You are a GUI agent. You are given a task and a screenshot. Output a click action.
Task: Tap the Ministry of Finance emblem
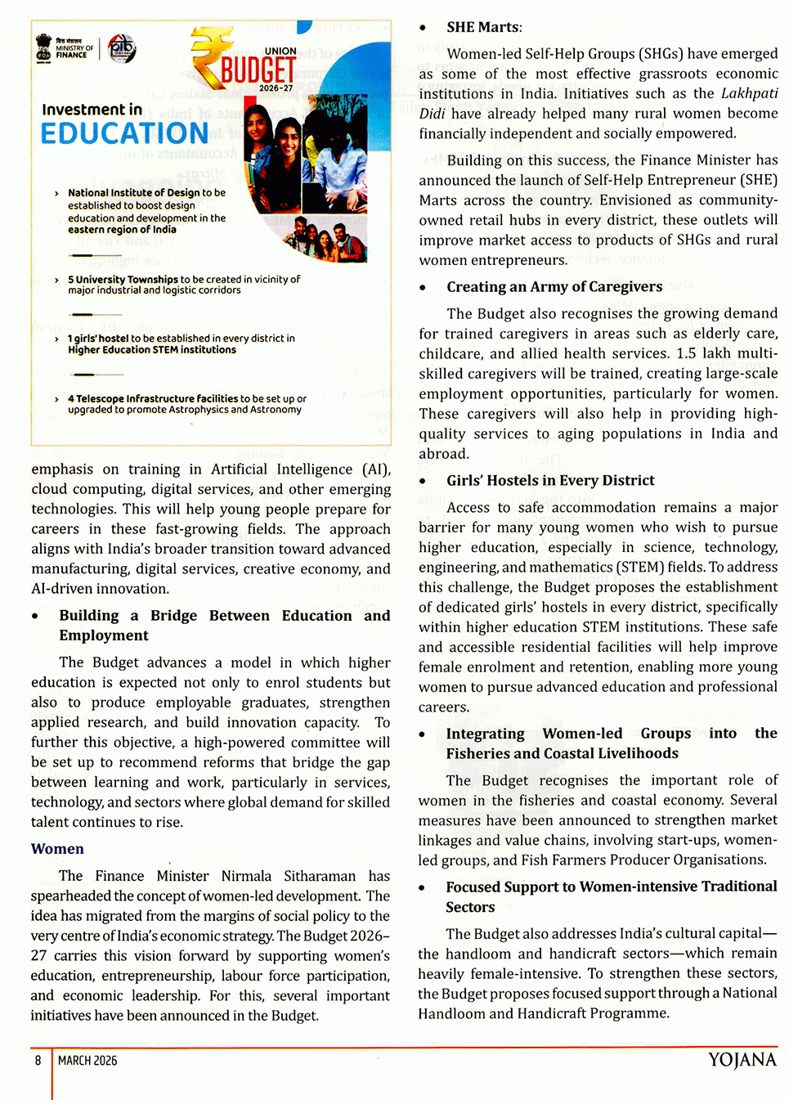[44, 48]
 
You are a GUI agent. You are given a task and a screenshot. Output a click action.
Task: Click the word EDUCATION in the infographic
[124, 133]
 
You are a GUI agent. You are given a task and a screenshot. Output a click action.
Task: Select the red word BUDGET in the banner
[258, 70]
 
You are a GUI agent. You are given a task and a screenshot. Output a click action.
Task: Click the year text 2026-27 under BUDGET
[276, 88]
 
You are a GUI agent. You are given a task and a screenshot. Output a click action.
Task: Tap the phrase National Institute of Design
[133, 193]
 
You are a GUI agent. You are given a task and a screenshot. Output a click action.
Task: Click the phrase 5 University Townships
[123, 280]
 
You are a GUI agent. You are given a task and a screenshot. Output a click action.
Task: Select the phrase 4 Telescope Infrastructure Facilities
[153, 399]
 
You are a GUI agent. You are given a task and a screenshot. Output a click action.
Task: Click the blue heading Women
[57, 849]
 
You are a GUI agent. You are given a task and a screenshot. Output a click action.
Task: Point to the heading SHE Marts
[484, 27]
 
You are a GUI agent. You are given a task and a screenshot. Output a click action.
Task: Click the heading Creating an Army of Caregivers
[554, 287]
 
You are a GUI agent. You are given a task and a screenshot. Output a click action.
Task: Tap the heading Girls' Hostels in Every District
[550, 481]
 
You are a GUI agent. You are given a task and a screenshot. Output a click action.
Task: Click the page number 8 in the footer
[38, 1061]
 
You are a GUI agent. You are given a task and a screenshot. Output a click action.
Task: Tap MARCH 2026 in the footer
[87, 1061]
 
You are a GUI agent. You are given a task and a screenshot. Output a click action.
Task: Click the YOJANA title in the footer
[742, 1060]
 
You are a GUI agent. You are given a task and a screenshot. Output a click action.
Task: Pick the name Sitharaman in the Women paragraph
[320, 876]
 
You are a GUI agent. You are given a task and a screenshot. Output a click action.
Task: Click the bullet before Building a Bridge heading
[35, 617]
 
